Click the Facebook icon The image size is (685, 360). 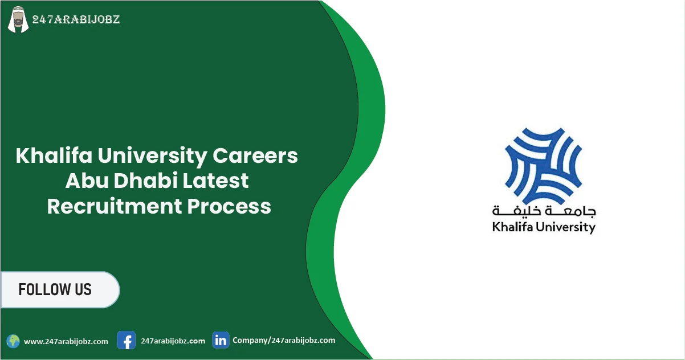126,341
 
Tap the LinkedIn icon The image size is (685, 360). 221,340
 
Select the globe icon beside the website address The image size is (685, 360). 13,341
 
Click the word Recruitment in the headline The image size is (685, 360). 113,206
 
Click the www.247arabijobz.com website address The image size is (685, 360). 66,342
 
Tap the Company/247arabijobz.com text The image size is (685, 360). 284,340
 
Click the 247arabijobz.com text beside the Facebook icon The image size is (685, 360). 173,341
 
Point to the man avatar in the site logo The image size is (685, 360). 18,21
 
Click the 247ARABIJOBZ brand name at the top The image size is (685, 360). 76,20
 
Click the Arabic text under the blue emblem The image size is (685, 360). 544,210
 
